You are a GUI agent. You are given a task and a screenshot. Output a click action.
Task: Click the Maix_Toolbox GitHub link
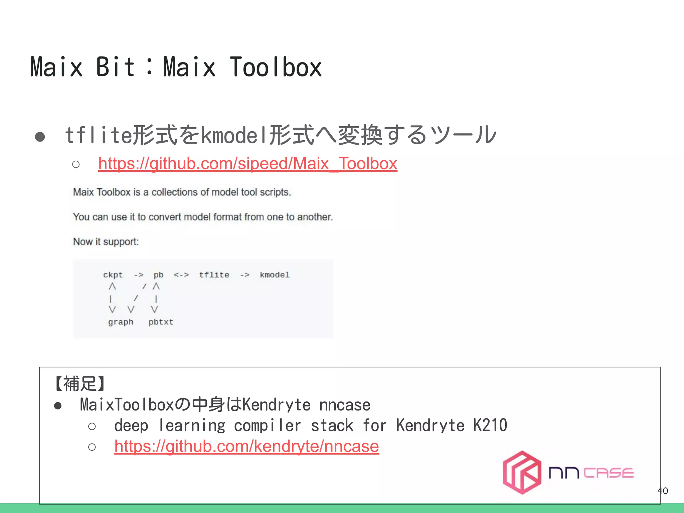pos(247,164)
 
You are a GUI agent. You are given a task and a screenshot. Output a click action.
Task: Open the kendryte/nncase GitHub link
pos(246,446)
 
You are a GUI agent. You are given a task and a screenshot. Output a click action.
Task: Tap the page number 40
pos(662,491)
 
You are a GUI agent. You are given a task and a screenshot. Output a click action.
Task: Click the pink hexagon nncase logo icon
pos(522,472)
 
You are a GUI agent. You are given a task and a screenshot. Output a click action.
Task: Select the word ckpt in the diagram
pos(113,275)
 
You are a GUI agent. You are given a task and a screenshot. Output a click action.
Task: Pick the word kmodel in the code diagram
pos(275,275)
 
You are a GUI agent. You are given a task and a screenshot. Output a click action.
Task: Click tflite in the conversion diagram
pos(214,275)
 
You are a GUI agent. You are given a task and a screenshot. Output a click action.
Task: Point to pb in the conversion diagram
pos(158,275)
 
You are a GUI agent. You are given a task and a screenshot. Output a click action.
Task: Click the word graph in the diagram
pos(121,322)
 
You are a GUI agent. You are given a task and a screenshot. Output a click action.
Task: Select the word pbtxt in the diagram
pos(161,322)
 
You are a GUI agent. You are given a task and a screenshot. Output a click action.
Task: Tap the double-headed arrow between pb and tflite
pos(181,275)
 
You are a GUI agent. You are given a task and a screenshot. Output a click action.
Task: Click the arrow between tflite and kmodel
pos(245,275)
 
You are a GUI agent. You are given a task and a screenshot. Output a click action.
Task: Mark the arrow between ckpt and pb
pos(139,275)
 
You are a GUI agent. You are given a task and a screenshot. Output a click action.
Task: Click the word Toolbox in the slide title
pos(276,67)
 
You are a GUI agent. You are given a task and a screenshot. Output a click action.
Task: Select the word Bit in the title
pos(115,67)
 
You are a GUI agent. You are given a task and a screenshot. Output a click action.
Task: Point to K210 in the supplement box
pos(490,425)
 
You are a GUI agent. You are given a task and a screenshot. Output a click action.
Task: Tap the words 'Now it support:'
pos(106,241)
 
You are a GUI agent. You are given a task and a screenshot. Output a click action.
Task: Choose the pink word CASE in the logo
pos(609,473)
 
